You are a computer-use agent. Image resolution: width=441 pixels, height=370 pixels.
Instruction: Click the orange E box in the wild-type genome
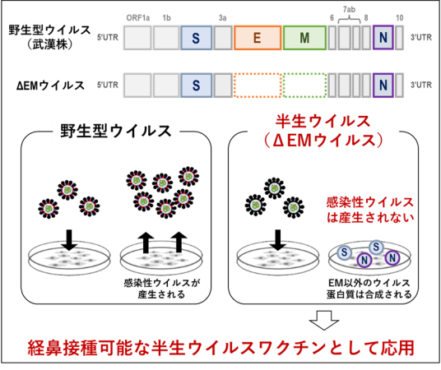(258, 38)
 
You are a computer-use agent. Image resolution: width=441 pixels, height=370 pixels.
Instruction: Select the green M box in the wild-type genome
(304, 38)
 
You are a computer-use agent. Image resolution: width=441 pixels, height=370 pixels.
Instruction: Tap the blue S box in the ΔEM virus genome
(197, 86)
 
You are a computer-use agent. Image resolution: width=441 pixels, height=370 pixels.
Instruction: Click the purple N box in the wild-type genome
(383, 38)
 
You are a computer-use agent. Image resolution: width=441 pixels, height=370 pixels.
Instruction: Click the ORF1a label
(138, 18)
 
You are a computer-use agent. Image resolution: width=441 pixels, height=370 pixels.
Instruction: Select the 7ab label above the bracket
(349, 10)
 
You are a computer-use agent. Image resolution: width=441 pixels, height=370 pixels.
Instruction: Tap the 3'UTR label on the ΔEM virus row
(421, 85)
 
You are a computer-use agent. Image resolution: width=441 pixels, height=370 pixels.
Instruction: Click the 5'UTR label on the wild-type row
(108, 37)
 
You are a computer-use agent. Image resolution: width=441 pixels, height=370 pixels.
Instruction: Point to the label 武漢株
(50, 44)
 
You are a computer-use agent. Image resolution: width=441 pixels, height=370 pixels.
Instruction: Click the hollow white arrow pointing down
(324, 320)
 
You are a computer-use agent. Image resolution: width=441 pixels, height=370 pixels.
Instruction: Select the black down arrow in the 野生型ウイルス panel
(69, 240)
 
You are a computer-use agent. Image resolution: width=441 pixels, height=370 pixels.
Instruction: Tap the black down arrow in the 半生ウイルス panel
(278, 240)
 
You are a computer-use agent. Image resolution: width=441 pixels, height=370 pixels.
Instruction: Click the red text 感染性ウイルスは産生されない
(370, 210)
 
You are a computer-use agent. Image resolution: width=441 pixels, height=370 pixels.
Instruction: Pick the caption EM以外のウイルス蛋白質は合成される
(369, 289)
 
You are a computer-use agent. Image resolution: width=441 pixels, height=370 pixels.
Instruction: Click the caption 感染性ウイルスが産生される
(161, 289)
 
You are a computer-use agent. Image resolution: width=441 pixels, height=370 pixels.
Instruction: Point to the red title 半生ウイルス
(323, 122)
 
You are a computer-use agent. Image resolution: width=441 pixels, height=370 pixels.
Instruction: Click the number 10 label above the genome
(399, 18)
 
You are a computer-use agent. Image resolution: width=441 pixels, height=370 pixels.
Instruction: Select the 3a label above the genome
(222, 18)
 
